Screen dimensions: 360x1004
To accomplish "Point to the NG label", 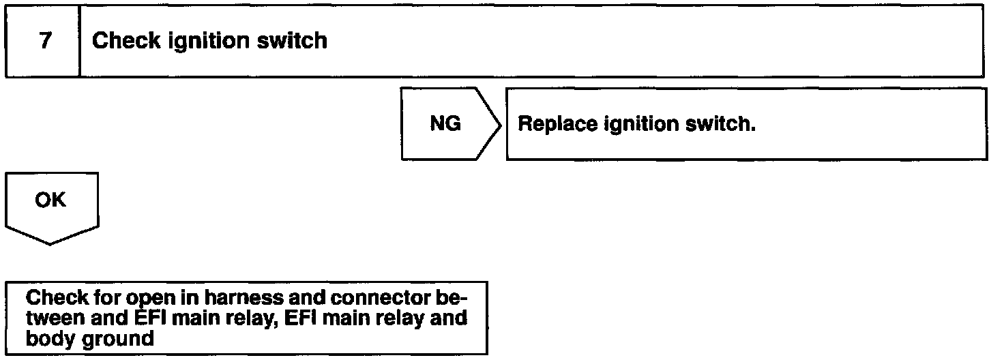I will (x=445, y=124).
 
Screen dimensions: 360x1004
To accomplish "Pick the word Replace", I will (x=559, y=125).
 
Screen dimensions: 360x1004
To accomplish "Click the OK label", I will (x=50, y=200).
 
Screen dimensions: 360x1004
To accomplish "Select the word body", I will (x=46, y=339).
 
